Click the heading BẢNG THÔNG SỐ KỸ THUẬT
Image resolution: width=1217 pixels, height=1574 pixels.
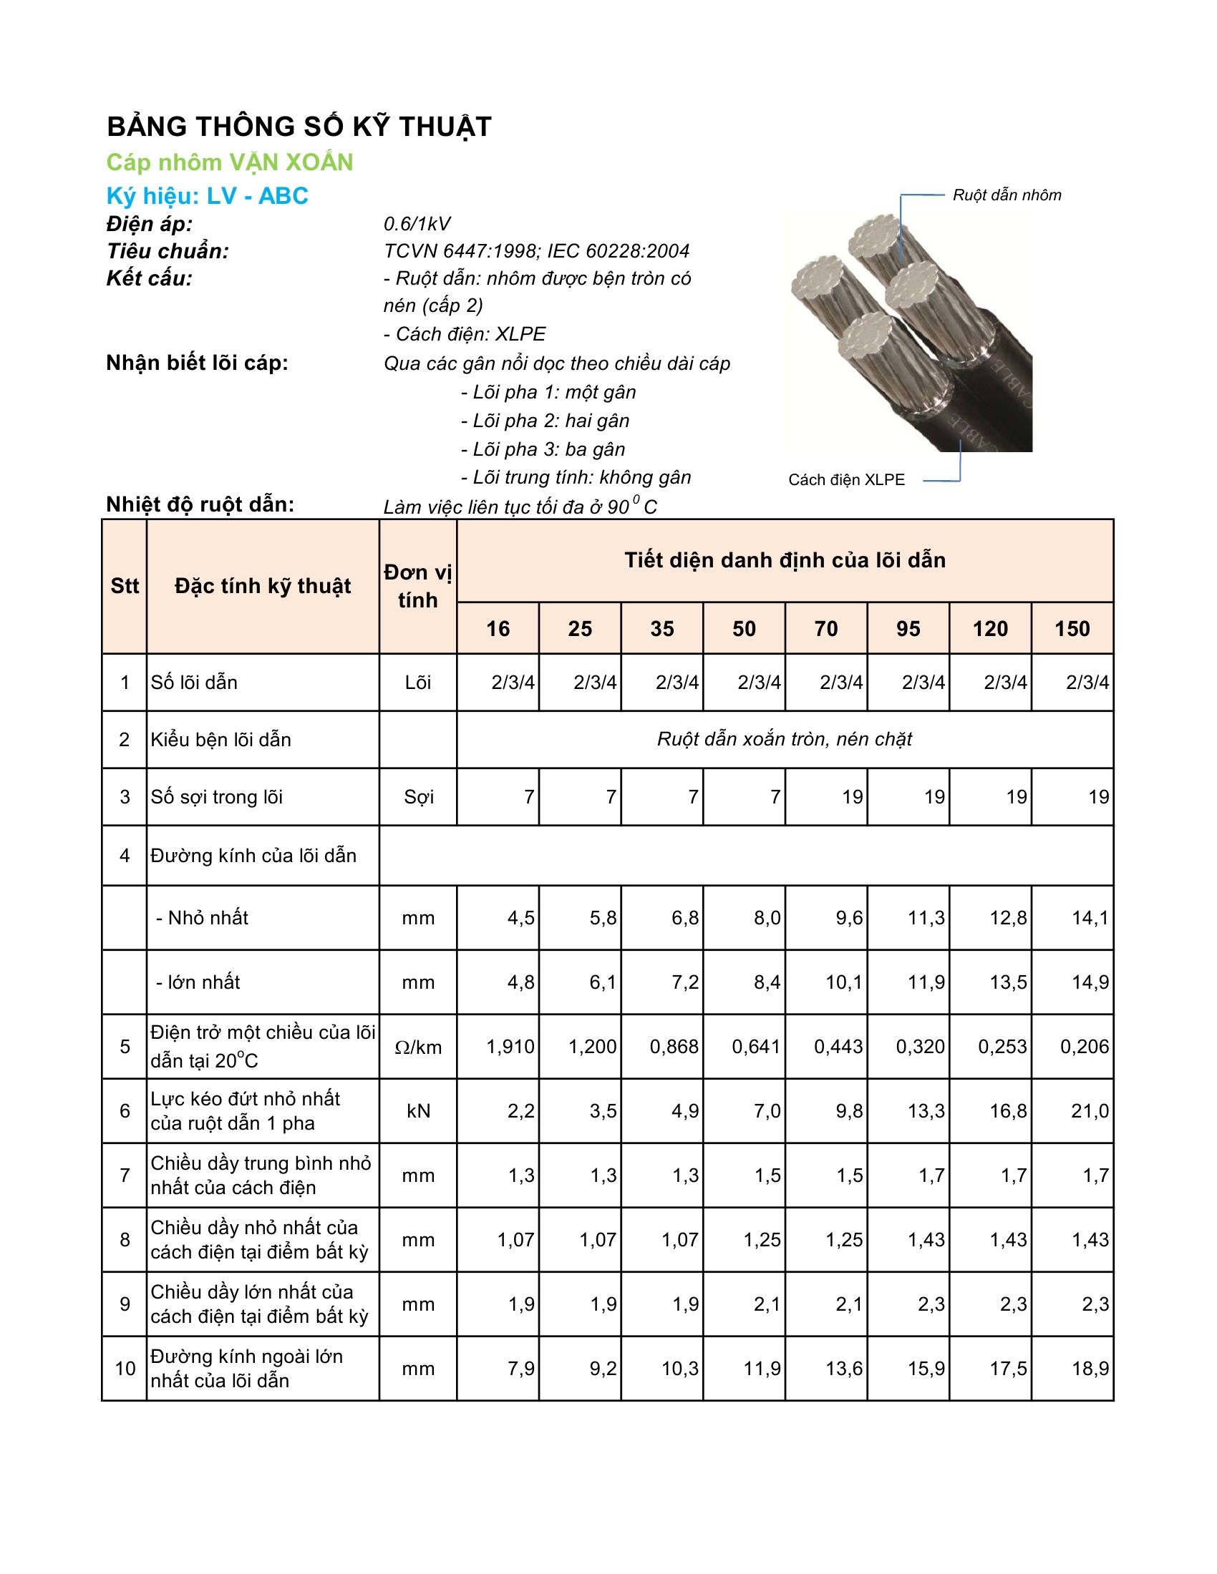(299, 127)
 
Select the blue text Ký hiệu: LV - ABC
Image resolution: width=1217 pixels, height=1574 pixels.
(207, 196)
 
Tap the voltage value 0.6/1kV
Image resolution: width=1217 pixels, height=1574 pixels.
(417, 224)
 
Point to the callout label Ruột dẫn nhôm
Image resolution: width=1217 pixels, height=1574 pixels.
(1007, 195)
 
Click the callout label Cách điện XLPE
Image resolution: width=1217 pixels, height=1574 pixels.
(845, 480)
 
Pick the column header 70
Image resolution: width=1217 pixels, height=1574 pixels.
(825, 628)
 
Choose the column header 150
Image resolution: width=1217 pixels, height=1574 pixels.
(1072, 628)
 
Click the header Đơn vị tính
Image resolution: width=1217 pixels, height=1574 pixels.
(417, 586)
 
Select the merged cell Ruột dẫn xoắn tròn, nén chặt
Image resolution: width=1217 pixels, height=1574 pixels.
(785, 739)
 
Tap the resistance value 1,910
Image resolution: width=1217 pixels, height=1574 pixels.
(510, 1047)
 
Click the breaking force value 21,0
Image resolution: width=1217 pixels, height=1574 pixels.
(1090, 1110)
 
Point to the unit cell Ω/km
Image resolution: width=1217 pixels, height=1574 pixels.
(417, 1047)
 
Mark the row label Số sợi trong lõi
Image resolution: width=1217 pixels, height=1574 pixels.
(216, 796)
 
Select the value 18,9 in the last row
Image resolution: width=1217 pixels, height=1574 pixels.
(1090, 1368)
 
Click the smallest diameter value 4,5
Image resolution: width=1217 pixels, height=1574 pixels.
(520, 917)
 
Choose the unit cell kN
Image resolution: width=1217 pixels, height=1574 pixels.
(417, 1110)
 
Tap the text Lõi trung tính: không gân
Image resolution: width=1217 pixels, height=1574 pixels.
(576, 477)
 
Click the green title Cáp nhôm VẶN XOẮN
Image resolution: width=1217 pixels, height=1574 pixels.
(229, 162)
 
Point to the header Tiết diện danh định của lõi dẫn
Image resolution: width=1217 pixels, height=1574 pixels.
(785, 560)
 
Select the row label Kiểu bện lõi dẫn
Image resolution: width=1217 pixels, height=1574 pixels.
(220, 740)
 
